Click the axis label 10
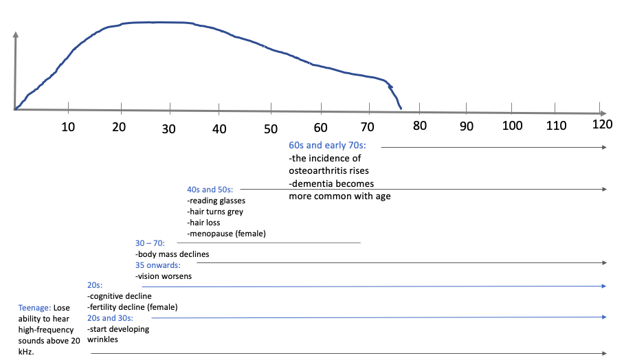pos(67,127)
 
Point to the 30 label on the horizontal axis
pos(169,128)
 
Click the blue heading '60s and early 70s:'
pos(327,146)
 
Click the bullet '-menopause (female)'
pos(226,234)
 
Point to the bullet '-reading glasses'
pos(216,201)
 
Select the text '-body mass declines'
pos(172,254)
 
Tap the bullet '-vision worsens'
pos(164,276)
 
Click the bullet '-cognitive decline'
pos(120,296)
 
